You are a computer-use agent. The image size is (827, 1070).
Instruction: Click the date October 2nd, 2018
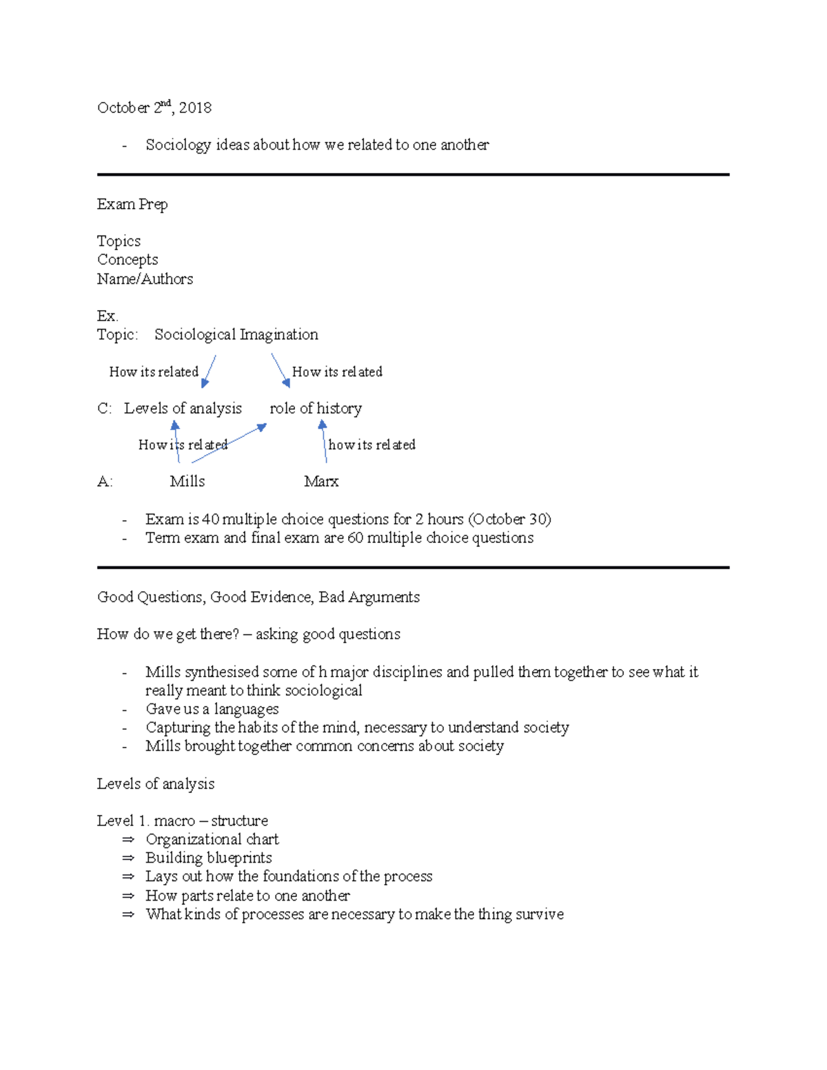[x=154, y=107]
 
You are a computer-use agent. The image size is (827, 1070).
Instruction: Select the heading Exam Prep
[x=132, y=204]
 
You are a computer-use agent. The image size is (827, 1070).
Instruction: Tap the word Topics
[x=119, y=241]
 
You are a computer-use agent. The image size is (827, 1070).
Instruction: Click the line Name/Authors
[x=145, y=279]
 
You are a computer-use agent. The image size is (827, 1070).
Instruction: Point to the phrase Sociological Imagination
[x=236, y=334]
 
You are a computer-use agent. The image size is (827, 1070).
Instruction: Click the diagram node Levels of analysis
[x=183, y=408]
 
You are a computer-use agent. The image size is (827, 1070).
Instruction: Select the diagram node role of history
[x=316, y=408]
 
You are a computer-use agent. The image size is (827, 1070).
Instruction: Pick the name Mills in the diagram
[x=187, y=481]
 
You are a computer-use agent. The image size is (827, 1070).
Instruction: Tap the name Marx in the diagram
[x=321, y=481]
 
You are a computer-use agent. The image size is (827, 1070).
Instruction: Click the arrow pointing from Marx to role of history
[x=323, y=441]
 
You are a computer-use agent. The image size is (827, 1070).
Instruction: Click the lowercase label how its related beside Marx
[x=371, y=445]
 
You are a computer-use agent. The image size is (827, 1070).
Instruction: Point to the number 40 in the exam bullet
[x=210, y=519]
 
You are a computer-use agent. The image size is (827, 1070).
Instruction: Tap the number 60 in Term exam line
[x=355, y=537]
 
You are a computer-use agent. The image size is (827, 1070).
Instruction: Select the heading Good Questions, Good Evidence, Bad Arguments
[x=258, y=597]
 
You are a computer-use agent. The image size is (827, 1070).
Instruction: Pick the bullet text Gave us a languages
[x=212, y=709]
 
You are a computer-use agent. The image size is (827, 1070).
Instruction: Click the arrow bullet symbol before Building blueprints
[x=127, y=858]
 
